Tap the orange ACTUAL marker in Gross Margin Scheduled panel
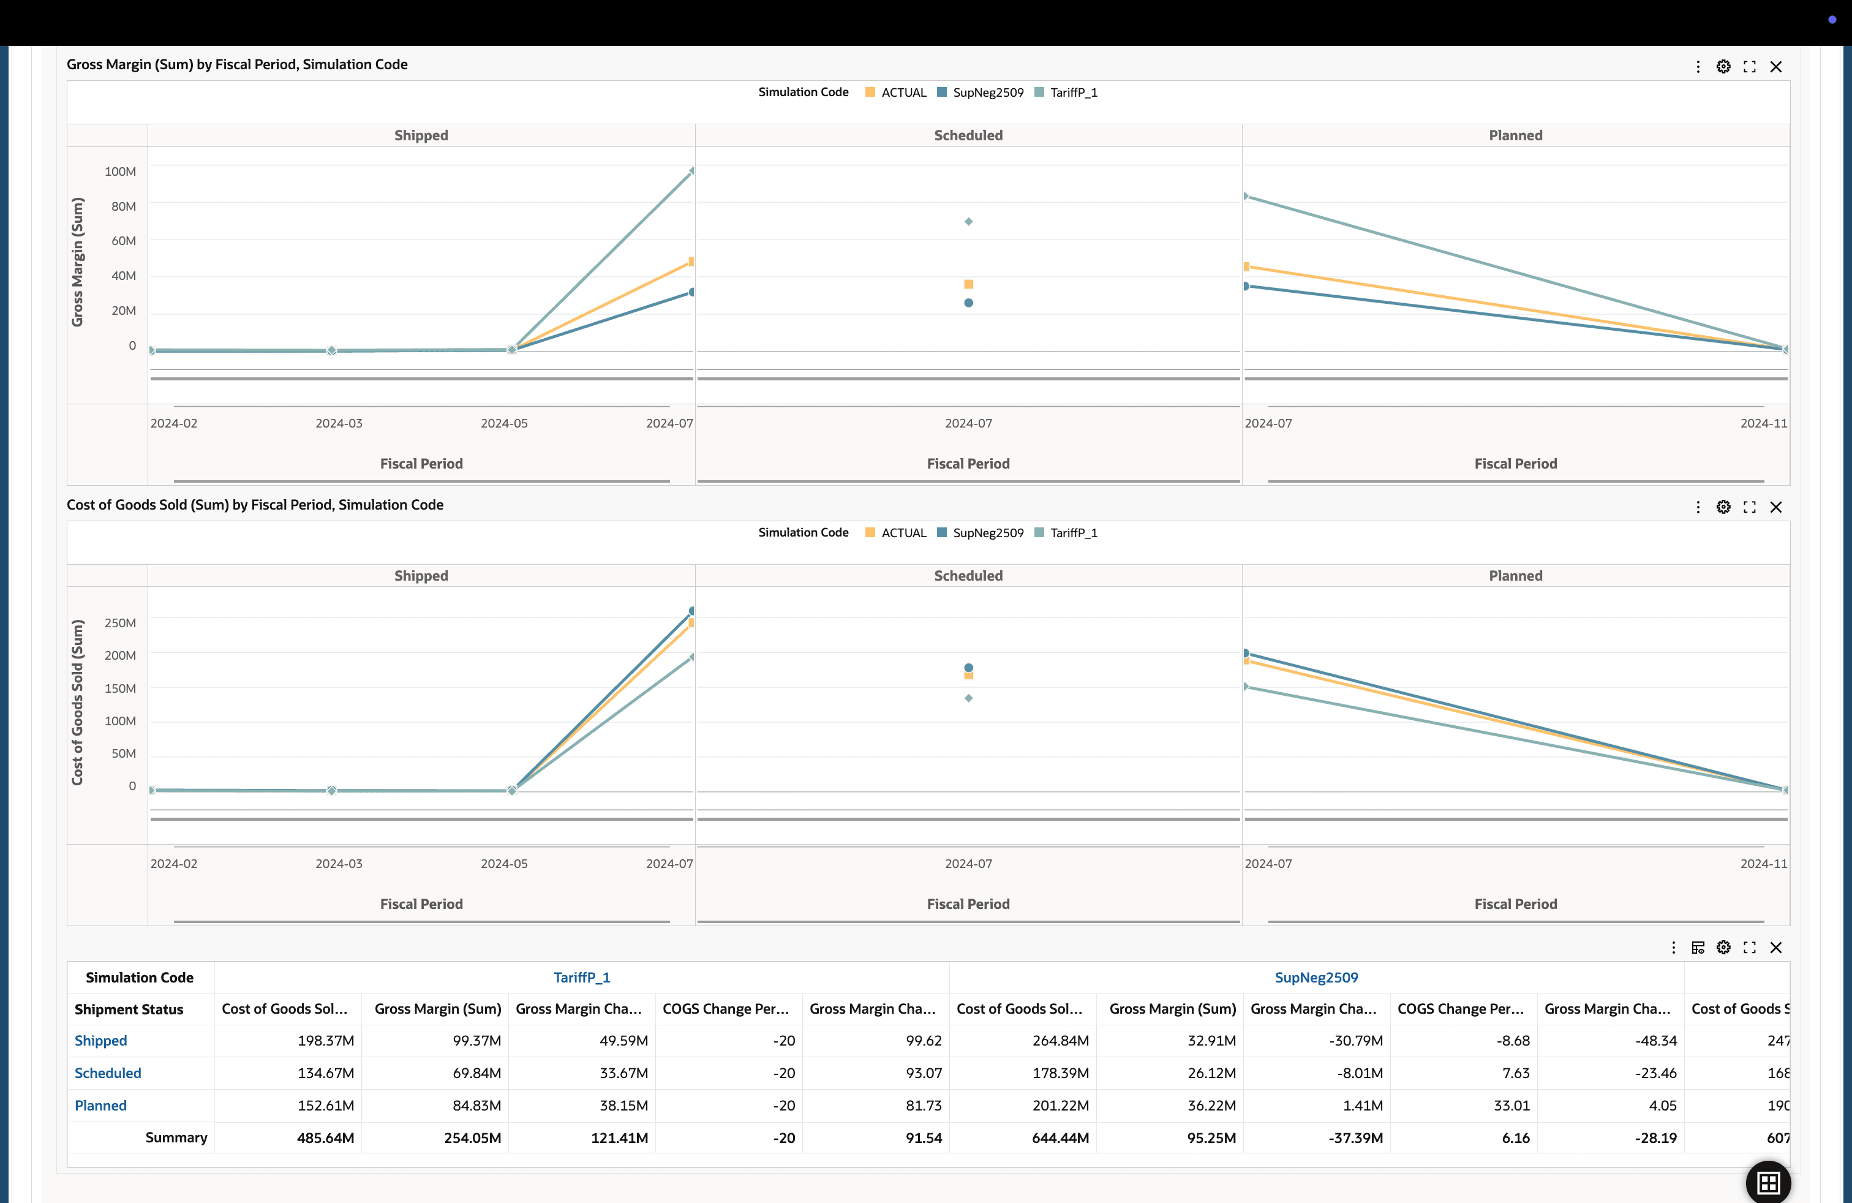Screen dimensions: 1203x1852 click(968, 284)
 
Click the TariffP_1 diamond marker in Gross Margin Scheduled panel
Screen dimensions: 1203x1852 click(968, 222)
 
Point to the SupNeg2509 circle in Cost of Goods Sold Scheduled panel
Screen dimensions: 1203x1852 click(968, 668)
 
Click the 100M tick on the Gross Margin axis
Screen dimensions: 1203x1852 click(120, 171)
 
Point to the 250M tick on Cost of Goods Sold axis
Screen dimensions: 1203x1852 click(120, 622)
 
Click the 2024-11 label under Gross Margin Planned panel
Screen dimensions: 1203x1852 click(1763, 423)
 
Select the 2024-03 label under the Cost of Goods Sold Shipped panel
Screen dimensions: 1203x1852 click(339, 864)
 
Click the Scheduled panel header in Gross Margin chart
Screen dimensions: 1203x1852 click(968, 135)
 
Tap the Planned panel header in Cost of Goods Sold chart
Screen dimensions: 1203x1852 click(1515, 576)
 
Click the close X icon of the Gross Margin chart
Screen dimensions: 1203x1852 click(1775, 67)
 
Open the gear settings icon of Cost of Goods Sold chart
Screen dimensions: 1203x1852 click(1723, 507)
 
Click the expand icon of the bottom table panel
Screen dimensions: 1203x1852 click(1749, 948)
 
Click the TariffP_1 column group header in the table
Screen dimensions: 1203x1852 click(581, 978)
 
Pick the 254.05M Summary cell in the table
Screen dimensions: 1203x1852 click(472, 1137)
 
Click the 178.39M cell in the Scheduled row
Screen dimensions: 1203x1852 click(1060, 1073)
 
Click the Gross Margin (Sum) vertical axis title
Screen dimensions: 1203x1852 click(77, 262)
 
